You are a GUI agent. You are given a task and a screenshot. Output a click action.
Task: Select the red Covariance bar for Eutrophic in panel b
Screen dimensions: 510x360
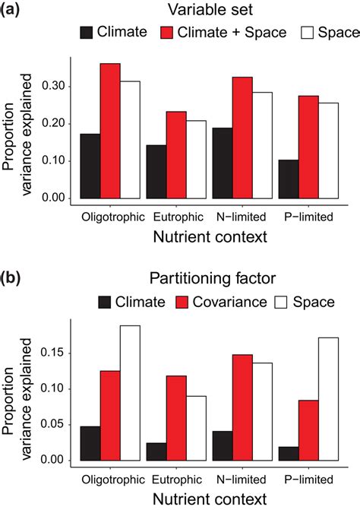click(x=177, y=418)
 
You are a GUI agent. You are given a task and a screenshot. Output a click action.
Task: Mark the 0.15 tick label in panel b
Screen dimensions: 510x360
click(x=59, y=353)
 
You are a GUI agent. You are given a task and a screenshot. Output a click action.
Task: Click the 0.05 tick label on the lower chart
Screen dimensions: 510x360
click(x=59, y=425)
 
